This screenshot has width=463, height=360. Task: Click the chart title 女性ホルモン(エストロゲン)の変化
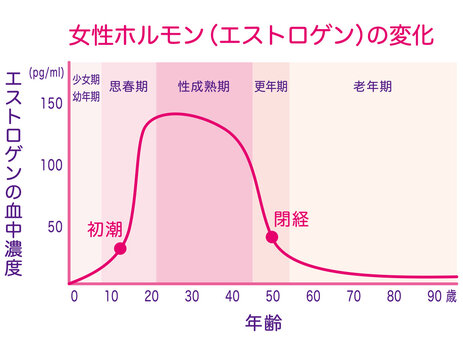pyautogui.click(x=251, y=36)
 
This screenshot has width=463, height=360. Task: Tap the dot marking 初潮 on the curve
pyautogui.click(x=120, y=249)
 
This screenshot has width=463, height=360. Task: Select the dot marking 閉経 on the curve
pyautogui.click(x=271, y=237)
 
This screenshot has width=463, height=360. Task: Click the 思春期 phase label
pyautogui.click(x=128, y=87)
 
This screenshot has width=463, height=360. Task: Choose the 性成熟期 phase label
pyautogui.click(x=204, y=87)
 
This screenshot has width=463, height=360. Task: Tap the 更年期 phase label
pyautogui.click(x=271, y=87)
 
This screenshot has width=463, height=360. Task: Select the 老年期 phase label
pyautogui.click(x=371, y=87)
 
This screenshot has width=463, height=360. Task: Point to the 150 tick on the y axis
pyautogui.click(x=51, y=103)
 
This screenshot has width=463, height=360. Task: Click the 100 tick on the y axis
pyautogui.click(x=51, y=164)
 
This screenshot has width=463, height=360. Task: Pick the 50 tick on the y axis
pyautogui.click(x=54, y=226)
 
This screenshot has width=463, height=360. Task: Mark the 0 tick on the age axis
pyautogui.click(x=73, y=296)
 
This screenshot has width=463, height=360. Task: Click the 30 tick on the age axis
pyautogui.click(x=191, y=296)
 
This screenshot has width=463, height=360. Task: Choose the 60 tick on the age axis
pyautogui.click(x=313, y=296)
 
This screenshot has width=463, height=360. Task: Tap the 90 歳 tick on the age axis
pyautogui.click(x=440, y=296)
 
